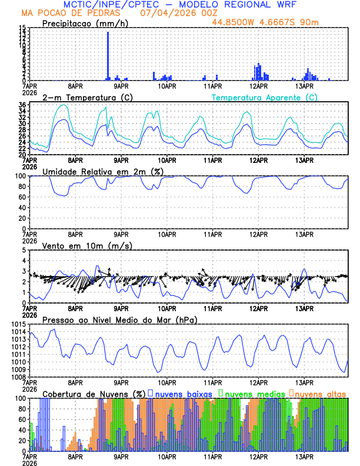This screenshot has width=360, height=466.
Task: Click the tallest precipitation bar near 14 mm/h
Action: click(108, 56)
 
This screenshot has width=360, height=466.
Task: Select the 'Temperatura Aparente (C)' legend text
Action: click(264, 97)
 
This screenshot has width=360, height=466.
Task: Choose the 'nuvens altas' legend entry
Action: click(320, 393)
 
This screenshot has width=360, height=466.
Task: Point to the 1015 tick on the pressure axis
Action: click(21, 325)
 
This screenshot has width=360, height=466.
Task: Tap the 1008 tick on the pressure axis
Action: click(21, 377)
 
